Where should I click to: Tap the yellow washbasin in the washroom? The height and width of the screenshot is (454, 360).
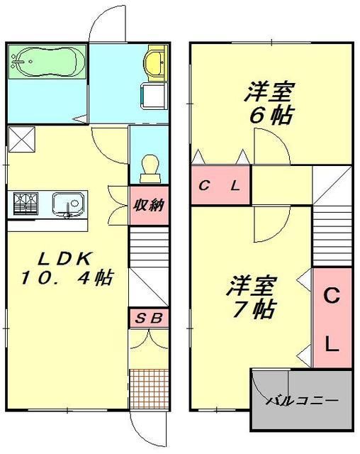154,64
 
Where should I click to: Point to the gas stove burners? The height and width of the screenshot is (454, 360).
26,204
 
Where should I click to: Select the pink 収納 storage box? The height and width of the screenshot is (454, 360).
149,206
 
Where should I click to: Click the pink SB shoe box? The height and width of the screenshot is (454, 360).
149,318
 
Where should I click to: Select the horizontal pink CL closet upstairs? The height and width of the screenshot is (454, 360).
220,187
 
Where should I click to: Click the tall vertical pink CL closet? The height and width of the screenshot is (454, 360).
332,318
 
